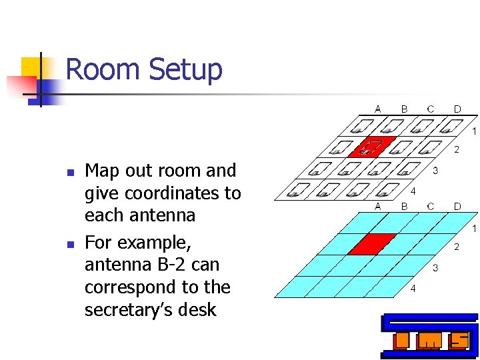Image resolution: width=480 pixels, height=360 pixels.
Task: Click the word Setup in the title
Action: coord(185,70)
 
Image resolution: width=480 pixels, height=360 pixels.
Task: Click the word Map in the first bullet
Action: coord(102,171)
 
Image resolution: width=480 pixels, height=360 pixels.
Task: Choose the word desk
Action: coord(201,309)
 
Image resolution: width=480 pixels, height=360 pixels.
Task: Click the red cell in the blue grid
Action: coord(371,243)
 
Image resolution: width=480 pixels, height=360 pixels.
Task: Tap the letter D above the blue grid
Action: coord(457,207)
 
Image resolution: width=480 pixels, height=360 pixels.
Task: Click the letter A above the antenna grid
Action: coord(378,109)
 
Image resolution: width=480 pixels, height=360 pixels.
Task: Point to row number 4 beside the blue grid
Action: coord(413,289)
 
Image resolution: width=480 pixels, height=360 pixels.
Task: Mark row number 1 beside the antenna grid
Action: coord(474,131)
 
